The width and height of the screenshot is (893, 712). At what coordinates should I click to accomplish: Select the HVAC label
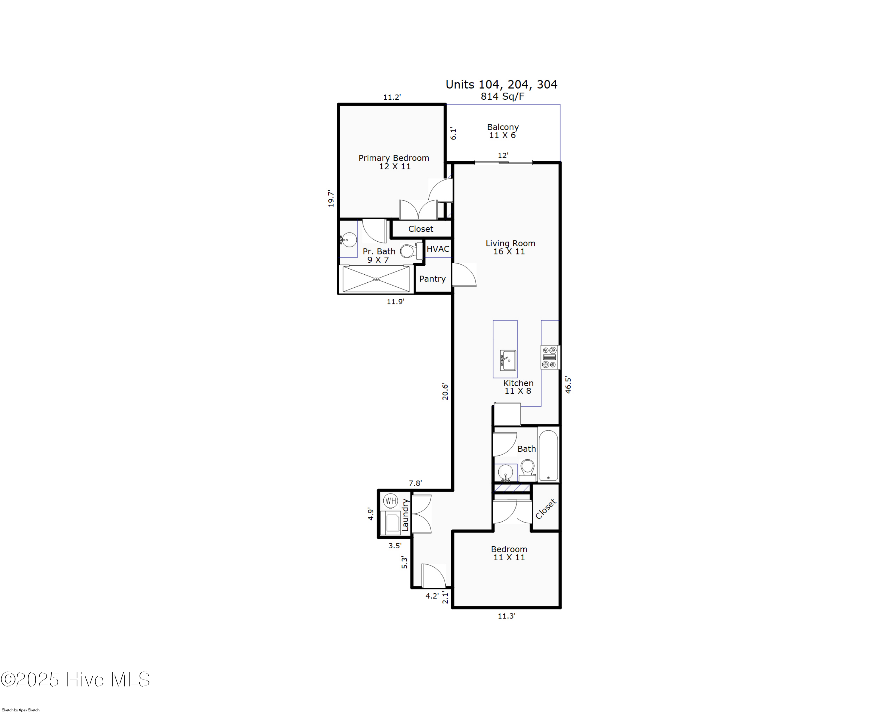[x=438, y=249]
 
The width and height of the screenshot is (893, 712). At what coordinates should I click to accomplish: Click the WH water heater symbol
[x=391, y=501]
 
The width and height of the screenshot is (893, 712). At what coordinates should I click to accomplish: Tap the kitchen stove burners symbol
[x=549, y=357]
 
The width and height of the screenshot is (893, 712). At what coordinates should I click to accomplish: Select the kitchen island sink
[x=508, y=360]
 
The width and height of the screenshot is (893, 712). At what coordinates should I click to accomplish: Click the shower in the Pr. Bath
[x=376, y=279]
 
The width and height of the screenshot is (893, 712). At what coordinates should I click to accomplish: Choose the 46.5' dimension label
[x=568, y=385]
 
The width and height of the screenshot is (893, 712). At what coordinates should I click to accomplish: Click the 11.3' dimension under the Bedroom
[x=506, y=616]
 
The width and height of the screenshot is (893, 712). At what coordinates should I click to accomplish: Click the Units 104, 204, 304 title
[x=501, y=84]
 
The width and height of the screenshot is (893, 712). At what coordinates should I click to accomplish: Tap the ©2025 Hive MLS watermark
[x=75, y=680]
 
